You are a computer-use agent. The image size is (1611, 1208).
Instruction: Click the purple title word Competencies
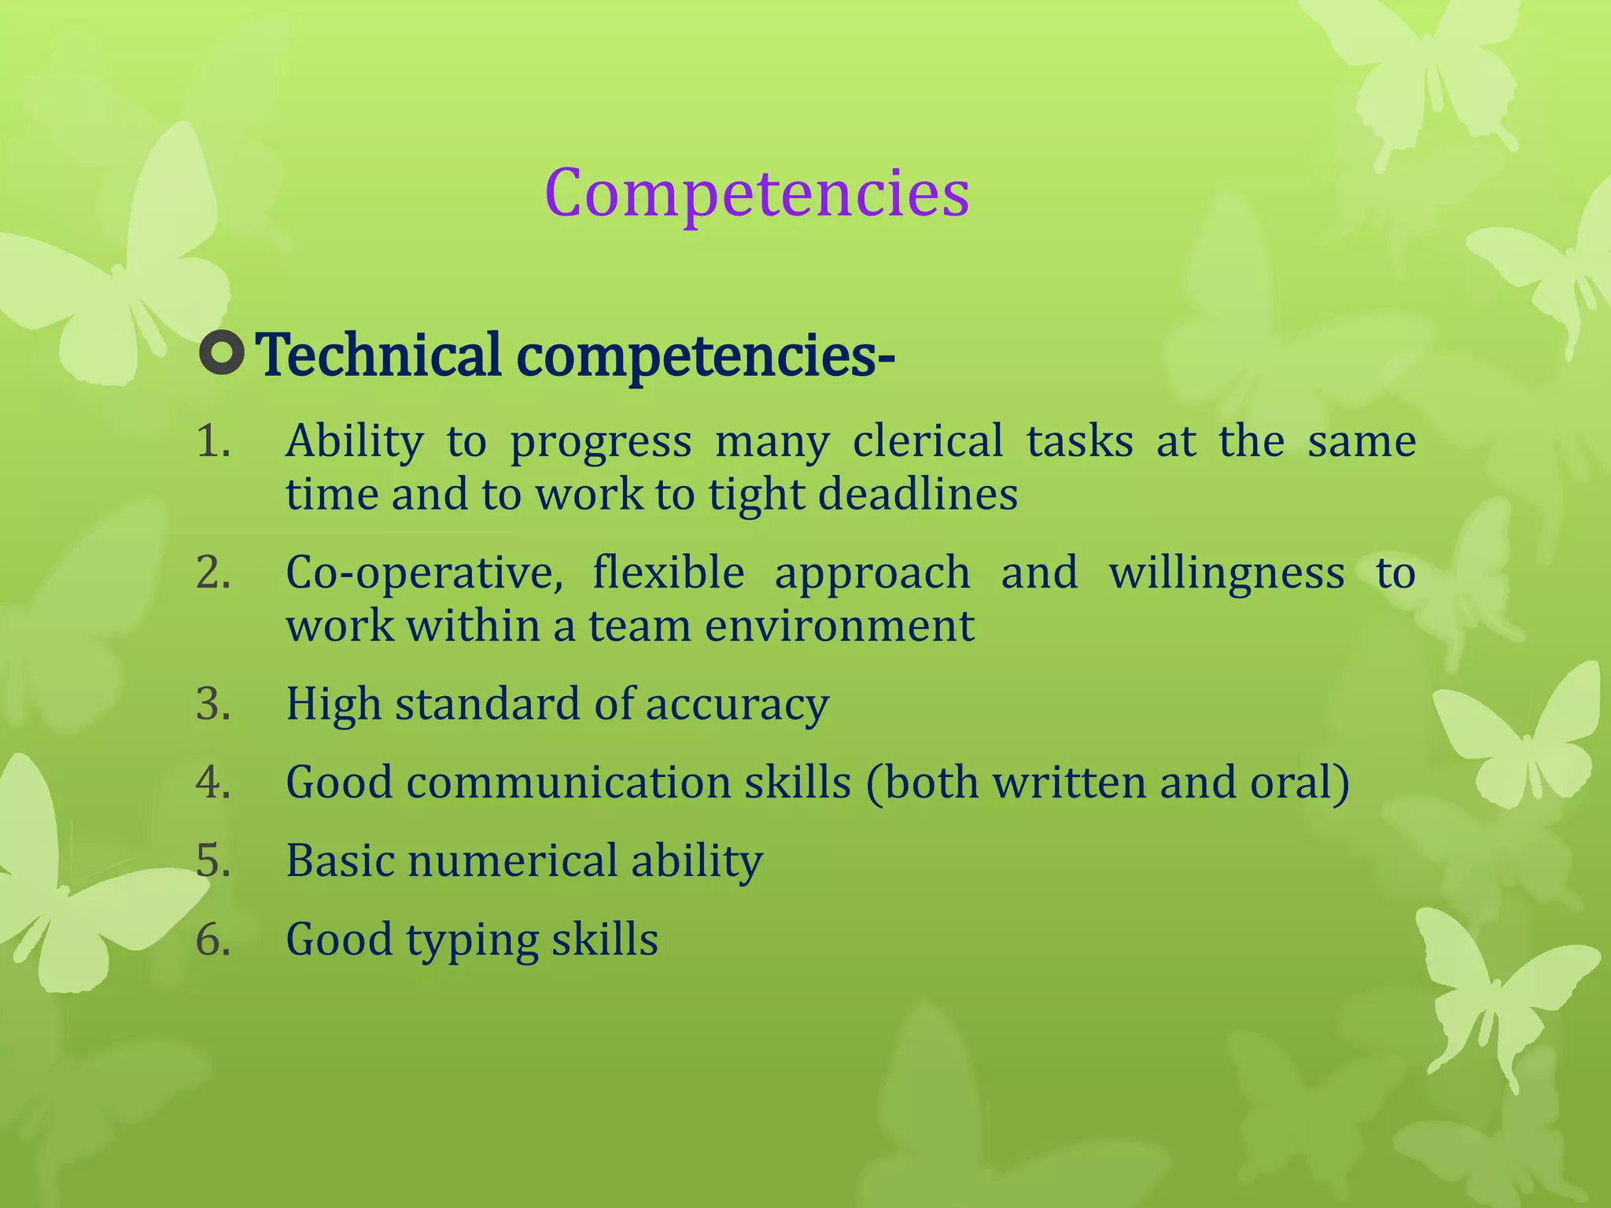(757, 193)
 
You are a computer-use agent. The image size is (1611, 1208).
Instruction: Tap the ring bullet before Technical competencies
(222, 353)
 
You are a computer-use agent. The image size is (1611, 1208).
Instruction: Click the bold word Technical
(379, 355)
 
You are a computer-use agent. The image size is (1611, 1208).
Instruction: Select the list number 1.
(212, 440)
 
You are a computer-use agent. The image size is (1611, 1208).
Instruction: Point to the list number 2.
(212, 572)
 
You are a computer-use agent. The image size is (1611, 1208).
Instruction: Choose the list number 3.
(212, 703)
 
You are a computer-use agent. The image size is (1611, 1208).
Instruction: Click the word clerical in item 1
(927, 440)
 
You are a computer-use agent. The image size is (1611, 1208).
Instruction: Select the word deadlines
(918, 495)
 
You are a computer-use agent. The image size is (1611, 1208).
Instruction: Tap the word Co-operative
(424, 573)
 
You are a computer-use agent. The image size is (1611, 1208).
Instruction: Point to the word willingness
(1226, 573)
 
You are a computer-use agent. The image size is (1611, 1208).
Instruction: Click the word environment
(839, 626)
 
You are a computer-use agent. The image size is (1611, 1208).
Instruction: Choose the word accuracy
(737, 705)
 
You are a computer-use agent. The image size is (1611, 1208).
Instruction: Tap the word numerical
(512, 860)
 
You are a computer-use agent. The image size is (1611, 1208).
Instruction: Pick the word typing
(472, 941)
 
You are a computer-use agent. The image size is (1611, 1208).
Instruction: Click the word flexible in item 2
(668, 572)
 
